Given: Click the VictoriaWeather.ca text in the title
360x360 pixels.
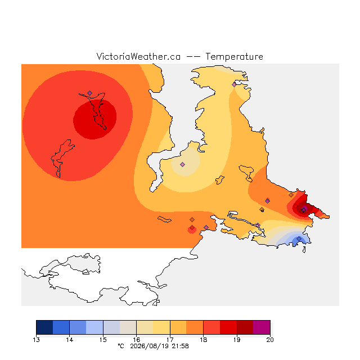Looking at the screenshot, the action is click(x=138, y=56).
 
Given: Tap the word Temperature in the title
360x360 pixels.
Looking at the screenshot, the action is click(x=234, y=56).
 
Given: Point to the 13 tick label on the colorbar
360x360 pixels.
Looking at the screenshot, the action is click(x=36, y=340).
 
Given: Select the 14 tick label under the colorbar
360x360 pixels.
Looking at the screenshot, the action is click(x=70, y=340).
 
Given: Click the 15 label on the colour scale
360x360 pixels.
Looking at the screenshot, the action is click(x=103, y=340).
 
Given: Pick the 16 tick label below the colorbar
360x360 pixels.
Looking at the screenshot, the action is click(x=136, y=340).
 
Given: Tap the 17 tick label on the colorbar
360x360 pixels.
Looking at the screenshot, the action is click(x=170, y=340).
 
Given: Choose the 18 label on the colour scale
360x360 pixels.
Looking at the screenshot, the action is click(x=204, y=340).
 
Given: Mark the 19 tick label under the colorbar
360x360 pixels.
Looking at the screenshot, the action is click(x=237, y=340).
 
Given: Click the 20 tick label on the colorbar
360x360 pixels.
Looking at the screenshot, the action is click(x=270, y=340).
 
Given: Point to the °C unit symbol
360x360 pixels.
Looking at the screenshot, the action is click(x=121, y=346).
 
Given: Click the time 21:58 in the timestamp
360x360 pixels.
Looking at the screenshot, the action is click(x=180, y=346).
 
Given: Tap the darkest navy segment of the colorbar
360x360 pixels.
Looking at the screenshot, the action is click(x=44, y=327).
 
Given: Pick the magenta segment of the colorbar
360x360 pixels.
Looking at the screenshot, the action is click(x=262, y=327).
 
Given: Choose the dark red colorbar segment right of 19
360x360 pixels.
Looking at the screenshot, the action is click(x=245, y=327).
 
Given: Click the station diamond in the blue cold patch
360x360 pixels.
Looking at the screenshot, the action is click(x=299, y=238).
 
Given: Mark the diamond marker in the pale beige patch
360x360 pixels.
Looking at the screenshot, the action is click(x=182, y=164).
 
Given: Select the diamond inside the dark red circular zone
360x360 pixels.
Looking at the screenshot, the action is click(x=102, y=116).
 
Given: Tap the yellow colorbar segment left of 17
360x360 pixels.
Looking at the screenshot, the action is click(x=161, y=327).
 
